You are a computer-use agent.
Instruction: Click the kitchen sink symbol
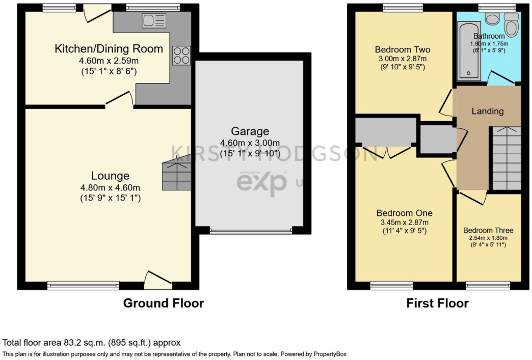pos(154,21)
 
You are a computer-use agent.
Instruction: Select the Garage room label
pos(250,131)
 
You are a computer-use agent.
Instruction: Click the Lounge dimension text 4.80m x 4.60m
pos(110,187)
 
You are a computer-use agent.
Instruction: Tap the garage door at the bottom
pos(251,231)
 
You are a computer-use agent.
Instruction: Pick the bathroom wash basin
pos(492,19)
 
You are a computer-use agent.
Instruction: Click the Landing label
pos(487,111)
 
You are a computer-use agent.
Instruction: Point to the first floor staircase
pos(506,158)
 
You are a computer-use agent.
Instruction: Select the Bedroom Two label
pos(403,50)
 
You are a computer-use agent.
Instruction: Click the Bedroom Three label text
pos(488,230)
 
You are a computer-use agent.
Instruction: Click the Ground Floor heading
pos(164,303)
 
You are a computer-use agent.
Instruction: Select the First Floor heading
pos(437,303)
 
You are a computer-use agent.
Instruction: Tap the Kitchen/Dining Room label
pos(109,49)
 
